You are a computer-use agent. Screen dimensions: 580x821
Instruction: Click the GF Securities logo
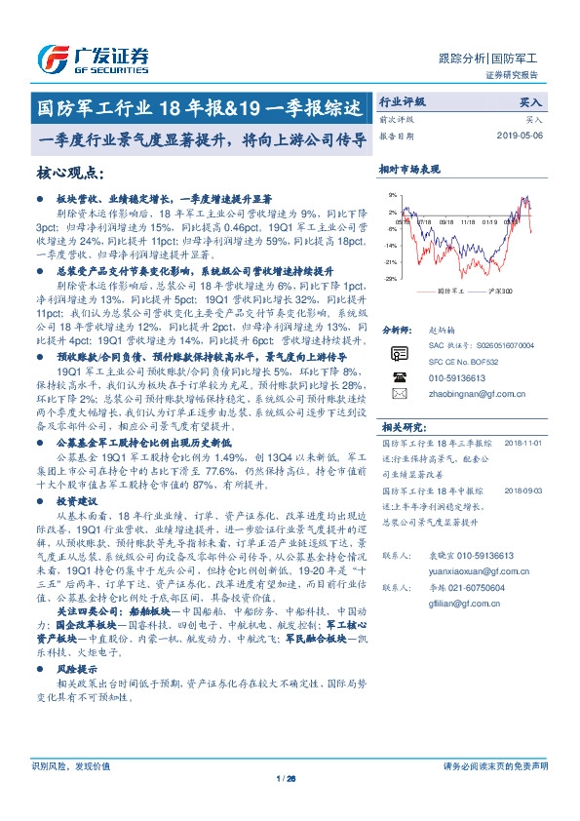pyautogui.click(x=93, y=59)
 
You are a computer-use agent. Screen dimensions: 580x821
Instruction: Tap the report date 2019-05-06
pyautogui.click(x=524, y=136)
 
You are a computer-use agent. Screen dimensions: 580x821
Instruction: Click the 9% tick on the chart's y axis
pyautogui.click(x=392, y=195)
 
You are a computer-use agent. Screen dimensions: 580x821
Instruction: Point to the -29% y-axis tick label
pyautogui.click(x=390, y=279)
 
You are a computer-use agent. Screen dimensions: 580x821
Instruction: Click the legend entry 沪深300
pyautogui.click(x=496, y=291)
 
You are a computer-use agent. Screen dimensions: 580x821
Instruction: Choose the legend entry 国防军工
pyautogui.click(x=449, y=291)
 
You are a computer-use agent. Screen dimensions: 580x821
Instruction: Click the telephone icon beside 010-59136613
pyautogui.click(x=398, y=377)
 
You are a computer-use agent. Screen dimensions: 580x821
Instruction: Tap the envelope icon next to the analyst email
pyautogui.click(x=398, y=394)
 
